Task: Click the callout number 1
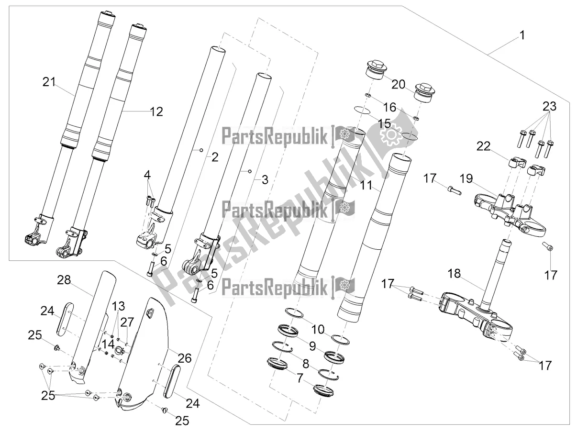click(522, 35)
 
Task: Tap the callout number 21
click(49, 82)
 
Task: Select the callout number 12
click(156, 112)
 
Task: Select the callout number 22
click(483, 146)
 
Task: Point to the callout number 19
click(466, 179)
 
